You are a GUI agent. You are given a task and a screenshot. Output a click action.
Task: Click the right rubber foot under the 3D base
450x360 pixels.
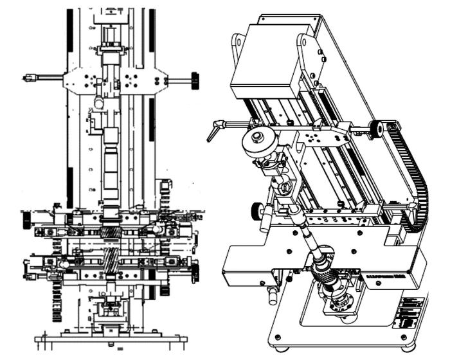(407, 348)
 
